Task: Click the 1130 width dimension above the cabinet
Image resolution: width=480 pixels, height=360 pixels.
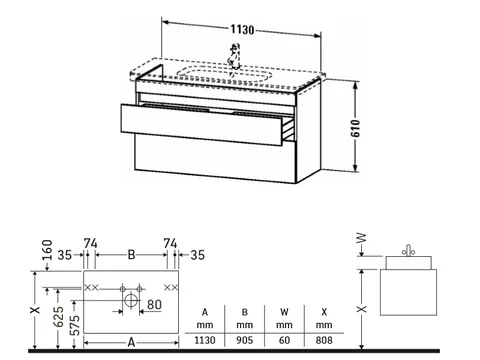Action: [x=242, y=30]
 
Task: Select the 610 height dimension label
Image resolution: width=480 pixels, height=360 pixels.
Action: [x=356, y=128]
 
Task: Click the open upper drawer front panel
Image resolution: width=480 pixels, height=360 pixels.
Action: [x=202, y=124]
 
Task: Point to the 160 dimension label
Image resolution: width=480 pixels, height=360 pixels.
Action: [x=48, y=250]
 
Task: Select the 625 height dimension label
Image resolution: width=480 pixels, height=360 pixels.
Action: [x=59, y=317]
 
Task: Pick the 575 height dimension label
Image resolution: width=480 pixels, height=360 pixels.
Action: [x=75, y=325]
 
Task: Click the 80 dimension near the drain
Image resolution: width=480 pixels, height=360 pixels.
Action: [x=154, y=305]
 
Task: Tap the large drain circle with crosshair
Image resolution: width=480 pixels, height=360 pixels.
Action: [x=131, y=300]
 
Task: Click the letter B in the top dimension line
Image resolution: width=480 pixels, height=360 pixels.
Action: [x=132, y=255]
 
